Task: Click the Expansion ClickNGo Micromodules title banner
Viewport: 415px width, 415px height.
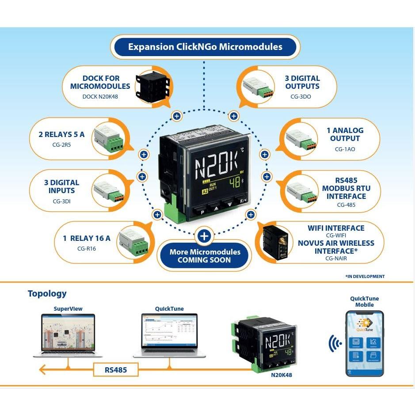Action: click(205, 47)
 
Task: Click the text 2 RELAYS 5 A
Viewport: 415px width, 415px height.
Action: click(64, 134)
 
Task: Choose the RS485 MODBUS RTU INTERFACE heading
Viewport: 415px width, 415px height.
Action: click(346, 188)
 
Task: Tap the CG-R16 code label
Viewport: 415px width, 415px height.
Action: click(86, 248)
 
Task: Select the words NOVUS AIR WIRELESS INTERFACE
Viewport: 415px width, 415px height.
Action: click(336, 247)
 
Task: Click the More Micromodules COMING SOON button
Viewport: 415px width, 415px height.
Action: click(205, 256)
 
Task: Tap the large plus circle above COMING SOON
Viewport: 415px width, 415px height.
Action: click(204, 236)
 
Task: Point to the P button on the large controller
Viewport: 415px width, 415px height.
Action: click(202, 212)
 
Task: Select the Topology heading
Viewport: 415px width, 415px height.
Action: click(47, 293)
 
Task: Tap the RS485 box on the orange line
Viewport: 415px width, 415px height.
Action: click(116, 369)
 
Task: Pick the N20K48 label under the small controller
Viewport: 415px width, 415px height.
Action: click(281, 375)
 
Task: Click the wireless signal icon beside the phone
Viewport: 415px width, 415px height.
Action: click(334, 343)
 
